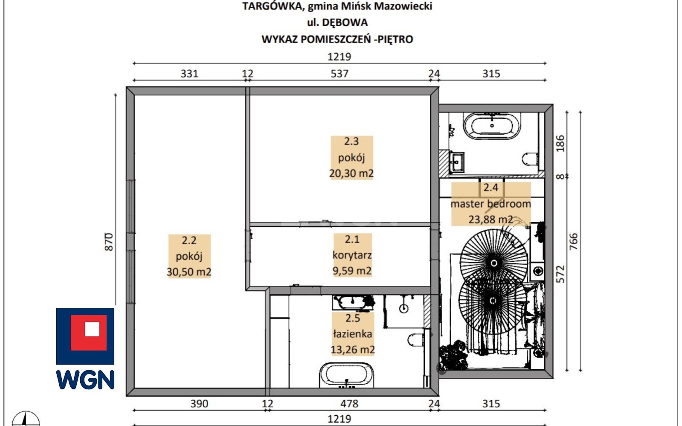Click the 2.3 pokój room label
351,157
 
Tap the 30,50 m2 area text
189,272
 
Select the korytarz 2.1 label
352,255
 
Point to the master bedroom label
491,203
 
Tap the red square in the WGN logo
89,333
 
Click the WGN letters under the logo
85,380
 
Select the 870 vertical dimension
109,242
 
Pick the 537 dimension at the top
339,73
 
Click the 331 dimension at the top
189,73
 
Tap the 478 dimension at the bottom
349,403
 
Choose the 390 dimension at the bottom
200,403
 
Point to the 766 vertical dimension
573,241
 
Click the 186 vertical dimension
560,143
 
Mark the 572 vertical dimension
560,274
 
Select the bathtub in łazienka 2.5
346,375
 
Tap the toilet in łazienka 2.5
416,339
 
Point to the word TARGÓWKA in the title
273,6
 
